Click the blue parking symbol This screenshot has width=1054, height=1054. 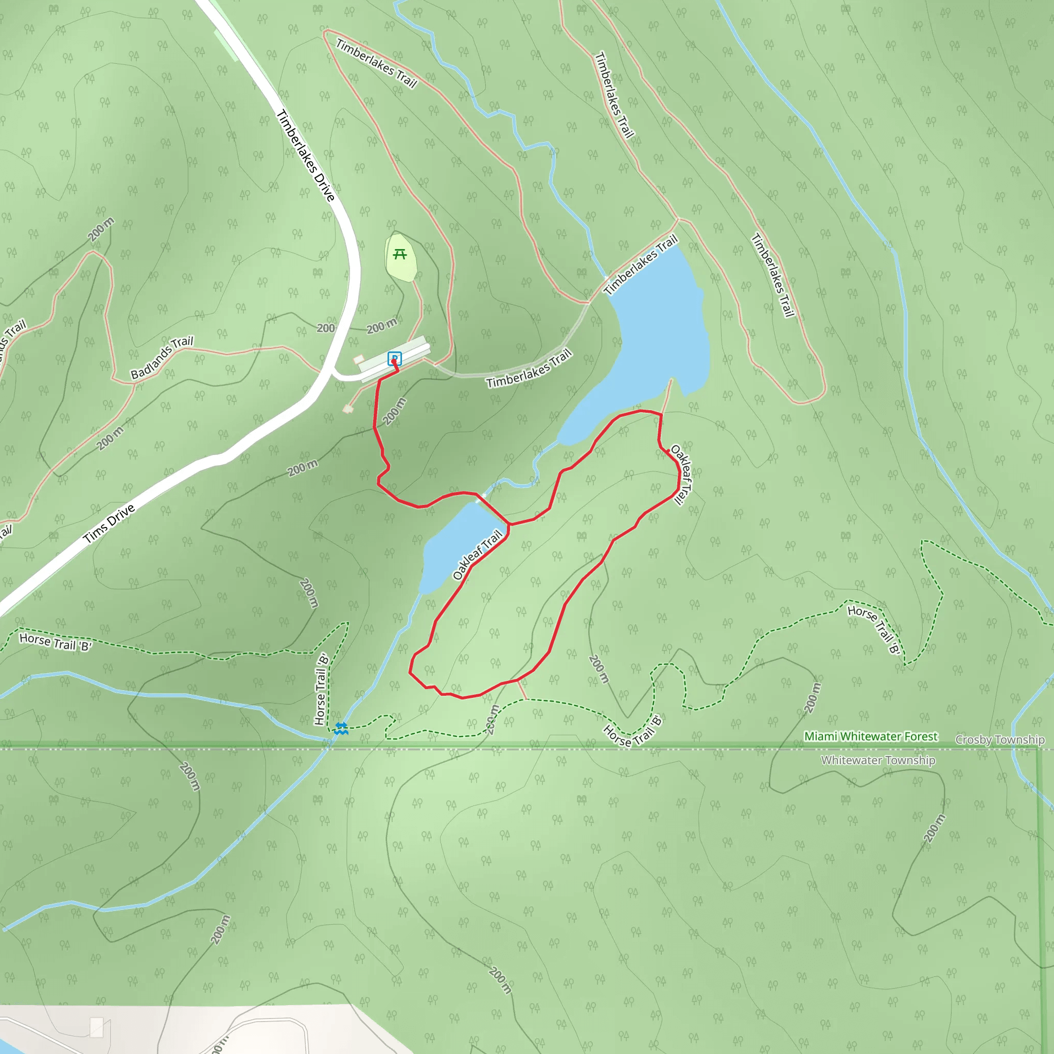pos(394,358)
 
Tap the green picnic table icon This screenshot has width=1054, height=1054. pos(400,254)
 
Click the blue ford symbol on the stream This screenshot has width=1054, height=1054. pos(342,728)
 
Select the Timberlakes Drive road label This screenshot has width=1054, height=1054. pos(306,155)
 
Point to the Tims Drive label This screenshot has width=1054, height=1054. pos(109,524)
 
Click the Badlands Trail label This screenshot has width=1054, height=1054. pos(162,357)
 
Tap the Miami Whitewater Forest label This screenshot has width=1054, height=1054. pos(871,736)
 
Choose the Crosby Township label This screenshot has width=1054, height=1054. pos(1000,740)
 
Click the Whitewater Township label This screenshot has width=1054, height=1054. pos(878,760)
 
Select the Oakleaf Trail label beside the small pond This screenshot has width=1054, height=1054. pos(478,555)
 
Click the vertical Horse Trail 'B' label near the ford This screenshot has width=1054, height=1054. pos(322,689)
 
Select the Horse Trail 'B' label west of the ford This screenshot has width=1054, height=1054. pos(55,642)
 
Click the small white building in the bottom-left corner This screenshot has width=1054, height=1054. pos(97,1027)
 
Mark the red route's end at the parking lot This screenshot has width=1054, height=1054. pos(394,361)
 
